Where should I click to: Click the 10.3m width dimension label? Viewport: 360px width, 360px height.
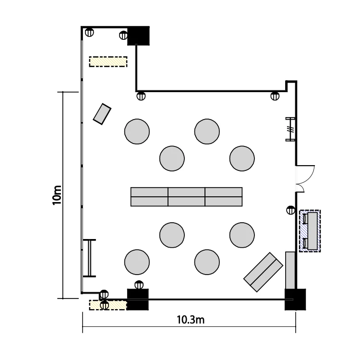coord(191,320)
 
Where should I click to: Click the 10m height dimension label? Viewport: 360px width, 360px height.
coord(57,195)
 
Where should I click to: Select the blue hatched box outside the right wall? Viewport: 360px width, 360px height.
coord(310,231)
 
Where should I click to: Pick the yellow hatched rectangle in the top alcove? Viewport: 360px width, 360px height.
coord(108,61)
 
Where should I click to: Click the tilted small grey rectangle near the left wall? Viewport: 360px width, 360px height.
coord(102,114)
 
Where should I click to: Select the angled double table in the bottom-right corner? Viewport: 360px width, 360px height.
coord(263,272)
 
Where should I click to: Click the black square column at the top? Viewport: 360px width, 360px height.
coord(138,36)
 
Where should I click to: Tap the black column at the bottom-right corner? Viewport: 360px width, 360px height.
coord(295,300)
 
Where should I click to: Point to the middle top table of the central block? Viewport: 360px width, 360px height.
coord(186,192)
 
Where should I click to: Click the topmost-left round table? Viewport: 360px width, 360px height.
coord(137,132)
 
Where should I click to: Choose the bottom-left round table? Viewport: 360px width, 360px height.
coord(137,262)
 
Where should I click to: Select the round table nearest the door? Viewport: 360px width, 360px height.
coord(242,158)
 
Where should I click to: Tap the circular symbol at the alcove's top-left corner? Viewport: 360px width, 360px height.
coord(89,32)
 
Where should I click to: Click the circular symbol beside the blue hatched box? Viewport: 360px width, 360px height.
coord(291,210)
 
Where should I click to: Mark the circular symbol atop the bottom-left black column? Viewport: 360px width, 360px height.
coord(139,285)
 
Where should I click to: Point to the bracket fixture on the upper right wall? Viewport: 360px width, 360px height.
coord(290,129)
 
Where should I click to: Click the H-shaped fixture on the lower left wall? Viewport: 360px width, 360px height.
coord(89,258)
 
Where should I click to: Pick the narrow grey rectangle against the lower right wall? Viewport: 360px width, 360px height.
coord(290,270)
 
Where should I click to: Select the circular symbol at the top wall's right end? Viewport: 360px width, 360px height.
coord(275,96)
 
